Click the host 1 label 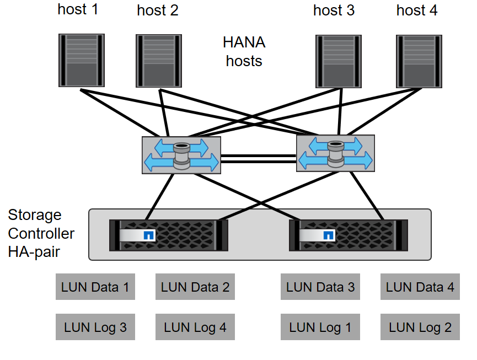click(x=78, y=9)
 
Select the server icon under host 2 click(x=159, y=60)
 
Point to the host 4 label click(x=417, y=10)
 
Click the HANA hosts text click(x=244, y=52)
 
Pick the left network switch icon click(x=181, y=155)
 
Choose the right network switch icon click(x=335, y=154)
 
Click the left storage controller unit click(x=169, y=235)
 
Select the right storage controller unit click(x=349, y=235)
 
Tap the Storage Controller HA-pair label click(x=41, y=233)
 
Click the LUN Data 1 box click(x=95, y=287)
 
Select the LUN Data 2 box click(x=195, y=287)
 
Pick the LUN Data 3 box click(x=320, y=287)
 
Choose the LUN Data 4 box click(x=420, y=287)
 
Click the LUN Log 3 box click(x=95, y=327)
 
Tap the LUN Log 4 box click(x=195, y=327)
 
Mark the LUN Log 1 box click(x=320, y=327)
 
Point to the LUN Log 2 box click(x=420, y=327)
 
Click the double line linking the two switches click(x=258, y=159)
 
